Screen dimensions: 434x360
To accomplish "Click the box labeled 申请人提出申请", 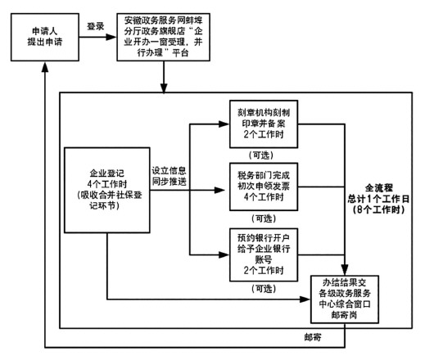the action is point(45,37).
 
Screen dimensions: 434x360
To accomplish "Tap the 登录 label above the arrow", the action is point(96,26).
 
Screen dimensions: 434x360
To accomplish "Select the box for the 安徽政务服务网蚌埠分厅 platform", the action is point(163,37).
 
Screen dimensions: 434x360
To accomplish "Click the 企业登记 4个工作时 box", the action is point(107,190).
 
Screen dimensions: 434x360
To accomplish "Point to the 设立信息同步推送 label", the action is point(169,176).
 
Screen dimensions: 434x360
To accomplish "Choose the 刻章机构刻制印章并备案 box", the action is point(264,124).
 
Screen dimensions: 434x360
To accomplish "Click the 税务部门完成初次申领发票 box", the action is point(264,187).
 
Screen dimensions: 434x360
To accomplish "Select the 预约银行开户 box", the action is point(264,254).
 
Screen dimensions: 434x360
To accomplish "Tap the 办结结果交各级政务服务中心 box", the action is point(345,299).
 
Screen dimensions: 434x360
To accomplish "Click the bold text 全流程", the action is point(378,188).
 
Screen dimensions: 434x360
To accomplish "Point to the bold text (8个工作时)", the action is point(378,209).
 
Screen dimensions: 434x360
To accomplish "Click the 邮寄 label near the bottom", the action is point(313,337).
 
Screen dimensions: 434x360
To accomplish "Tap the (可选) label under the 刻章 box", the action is point(261,155).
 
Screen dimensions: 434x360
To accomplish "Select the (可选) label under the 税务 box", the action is point(264,218).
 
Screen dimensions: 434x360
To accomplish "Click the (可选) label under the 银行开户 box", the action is point(264,289).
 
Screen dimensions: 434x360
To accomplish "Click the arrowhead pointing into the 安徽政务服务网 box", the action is point(111,37).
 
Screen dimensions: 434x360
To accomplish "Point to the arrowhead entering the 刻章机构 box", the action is point(224,124).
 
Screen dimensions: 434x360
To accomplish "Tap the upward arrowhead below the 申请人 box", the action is point(45,66).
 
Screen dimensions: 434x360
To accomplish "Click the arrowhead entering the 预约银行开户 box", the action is point(224,254).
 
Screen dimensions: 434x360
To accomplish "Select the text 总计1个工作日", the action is point(378,199).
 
